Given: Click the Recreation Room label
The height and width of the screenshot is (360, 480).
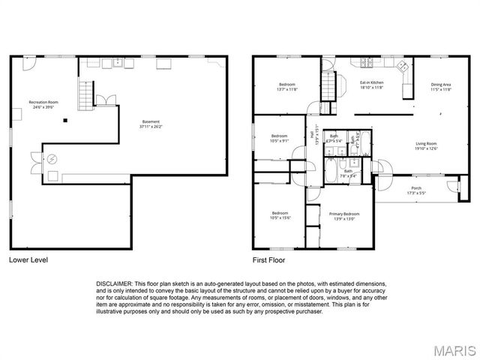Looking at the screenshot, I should [x=43, y=102].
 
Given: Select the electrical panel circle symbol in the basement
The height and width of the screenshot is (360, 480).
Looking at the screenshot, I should [x=52, y=159].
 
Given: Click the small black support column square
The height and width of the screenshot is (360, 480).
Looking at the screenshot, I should [x=65, y=120].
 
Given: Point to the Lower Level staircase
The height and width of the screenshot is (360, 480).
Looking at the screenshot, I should [x=88, y=94].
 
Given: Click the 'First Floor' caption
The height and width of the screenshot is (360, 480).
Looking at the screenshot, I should [x=268, y=260].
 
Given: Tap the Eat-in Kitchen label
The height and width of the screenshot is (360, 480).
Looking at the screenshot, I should [x=371, y=83].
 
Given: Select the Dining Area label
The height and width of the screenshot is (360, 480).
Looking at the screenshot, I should [x=441, y=84].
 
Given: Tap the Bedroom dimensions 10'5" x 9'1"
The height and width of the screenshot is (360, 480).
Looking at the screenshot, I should [x=280, y=140].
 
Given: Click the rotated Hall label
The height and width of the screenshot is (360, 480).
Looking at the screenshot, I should [x=313, y=135].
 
